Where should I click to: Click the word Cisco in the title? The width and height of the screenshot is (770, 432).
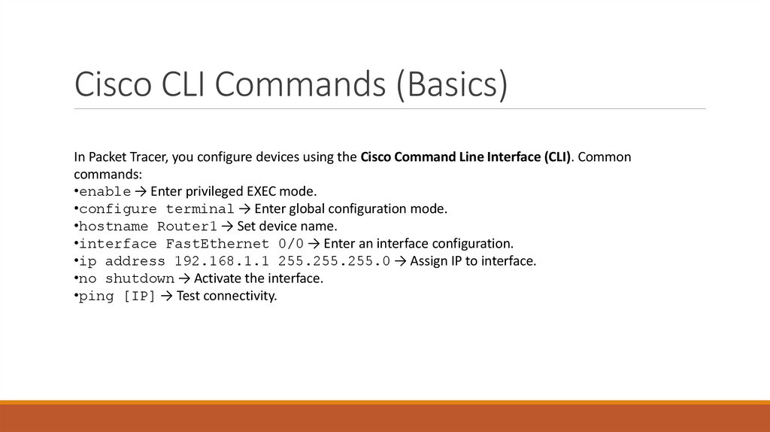pyautogui.click(x=106, y=84)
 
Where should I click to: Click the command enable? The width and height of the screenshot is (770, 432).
pyautogui.click(x=105, y=191)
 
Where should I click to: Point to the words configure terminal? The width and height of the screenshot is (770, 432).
pyautogui.click(x=156, y=208)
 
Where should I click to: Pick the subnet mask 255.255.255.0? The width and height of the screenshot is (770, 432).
pyautogui.click(x=334, y=261)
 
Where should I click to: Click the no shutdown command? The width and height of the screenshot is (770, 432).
pyautogui.click(x=126, y=279)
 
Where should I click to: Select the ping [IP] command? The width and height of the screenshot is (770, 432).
pyautogui.click(x=117, y=297)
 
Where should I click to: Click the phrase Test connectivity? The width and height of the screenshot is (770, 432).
pyautogui.click(x=226, y=297)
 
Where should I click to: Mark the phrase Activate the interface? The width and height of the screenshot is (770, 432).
pyautogui.click(x=258, y=279)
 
